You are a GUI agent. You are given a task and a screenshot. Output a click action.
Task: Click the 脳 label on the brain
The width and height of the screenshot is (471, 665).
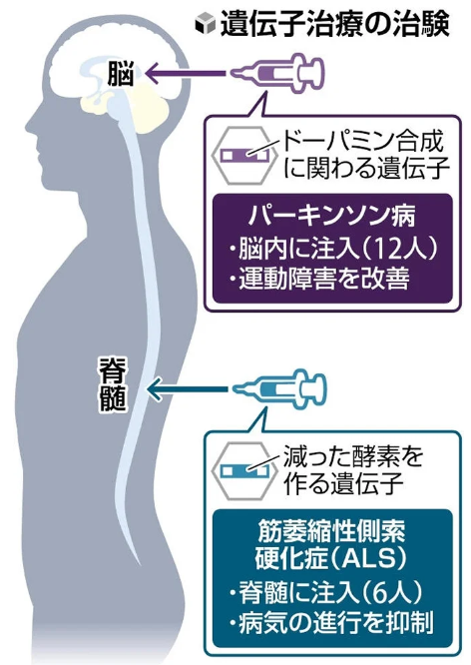[x=120, y=73]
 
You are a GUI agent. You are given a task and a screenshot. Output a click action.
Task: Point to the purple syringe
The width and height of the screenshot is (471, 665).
[x=277, y=73]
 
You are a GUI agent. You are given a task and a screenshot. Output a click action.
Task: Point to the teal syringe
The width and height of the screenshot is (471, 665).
[x=280, y=388]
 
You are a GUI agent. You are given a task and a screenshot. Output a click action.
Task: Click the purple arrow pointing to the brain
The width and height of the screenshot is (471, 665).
[x=186, y=73]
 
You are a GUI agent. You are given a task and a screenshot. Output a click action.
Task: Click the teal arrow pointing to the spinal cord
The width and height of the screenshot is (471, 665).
[x=187, y=388]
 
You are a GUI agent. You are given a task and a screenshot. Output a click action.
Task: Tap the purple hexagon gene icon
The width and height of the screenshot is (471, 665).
[x=241, y=155]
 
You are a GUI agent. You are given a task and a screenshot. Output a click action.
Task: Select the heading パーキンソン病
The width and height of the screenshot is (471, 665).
[x=331, y=216]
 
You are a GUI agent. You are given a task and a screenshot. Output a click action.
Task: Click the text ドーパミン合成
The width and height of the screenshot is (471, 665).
[x=362, y=142]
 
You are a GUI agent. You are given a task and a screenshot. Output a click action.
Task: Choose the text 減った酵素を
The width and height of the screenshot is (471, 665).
[x=353, y=456]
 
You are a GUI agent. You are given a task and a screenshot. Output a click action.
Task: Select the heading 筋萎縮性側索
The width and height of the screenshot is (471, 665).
[x=331, y=530]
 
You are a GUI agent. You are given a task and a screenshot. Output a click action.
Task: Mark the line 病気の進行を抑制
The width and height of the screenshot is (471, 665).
[x=331, y=623]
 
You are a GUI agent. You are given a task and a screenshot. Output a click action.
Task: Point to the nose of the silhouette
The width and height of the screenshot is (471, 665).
[x=32, y=127]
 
